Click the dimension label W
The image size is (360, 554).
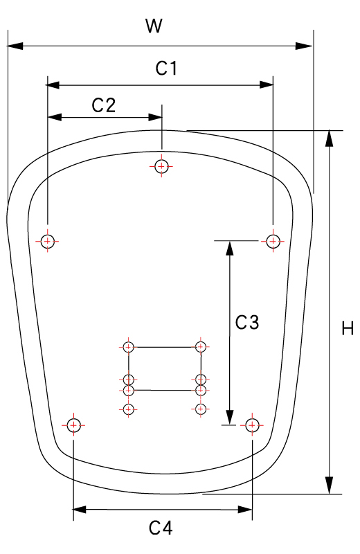154,26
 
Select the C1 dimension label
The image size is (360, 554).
166,68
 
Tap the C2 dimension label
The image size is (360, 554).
104,105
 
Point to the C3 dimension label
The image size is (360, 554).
247,322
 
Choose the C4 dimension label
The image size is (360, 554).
161,528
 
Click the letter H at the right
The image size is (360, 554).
348,328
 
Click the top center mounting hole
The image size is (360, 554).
162,166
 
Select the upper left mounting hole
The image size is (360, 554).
48,242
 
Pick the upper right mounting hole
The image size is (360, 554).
273,241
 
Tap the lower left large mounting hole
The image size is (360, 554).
73,425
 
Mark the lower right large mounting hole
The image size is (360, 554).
252,425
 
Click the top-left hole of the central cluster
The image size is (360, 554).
129,347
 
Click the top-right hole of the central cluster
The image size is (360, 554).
201,347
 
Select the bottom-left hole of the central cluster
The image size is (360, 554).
129,409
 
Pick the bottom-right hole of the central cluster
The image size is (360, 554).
201,409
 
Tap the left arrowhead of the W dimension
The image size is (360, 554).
15,46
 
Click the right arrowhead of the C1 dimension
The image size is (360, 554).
266,84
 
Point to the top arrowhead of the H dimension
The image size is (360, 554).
330,138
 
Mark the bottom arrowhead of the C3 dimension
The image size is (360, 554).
230,417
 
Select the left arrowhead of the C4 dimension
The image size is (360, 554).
80,510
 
